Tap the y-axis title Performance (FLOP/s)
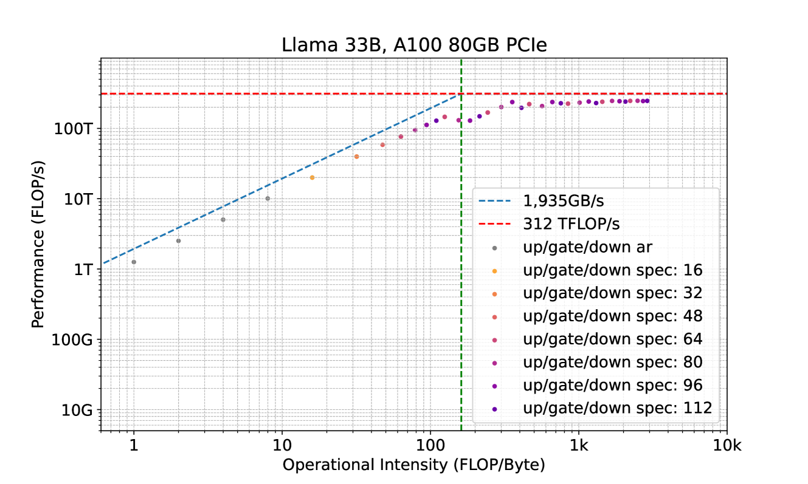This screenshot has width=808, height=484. (x=38, y=245)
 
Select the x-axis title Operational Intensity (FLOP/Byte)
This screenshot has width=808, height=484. (x=413, y=465)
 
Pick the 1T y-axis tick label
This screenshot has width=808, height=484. (x=84, y=269)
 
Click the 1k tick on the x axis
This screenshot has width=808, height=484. (x=579, y=446)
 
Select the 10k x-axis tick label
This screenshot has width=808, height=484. (x=727, y=446)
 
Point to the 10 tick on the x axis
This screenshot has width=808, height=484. (x=281, y=446)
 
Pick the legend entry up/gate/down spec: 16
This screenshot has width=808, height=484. (x=604, y=270)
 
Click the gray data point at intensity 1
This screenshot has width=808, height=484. (x=134, y=262)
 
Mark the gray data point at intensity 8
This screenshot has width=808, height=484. (x=268, y=199)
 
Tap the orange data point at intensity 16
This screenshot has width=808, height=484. (x=312, y=177)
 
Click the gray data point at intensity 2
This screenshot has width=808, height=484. (x=178, y=240)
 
